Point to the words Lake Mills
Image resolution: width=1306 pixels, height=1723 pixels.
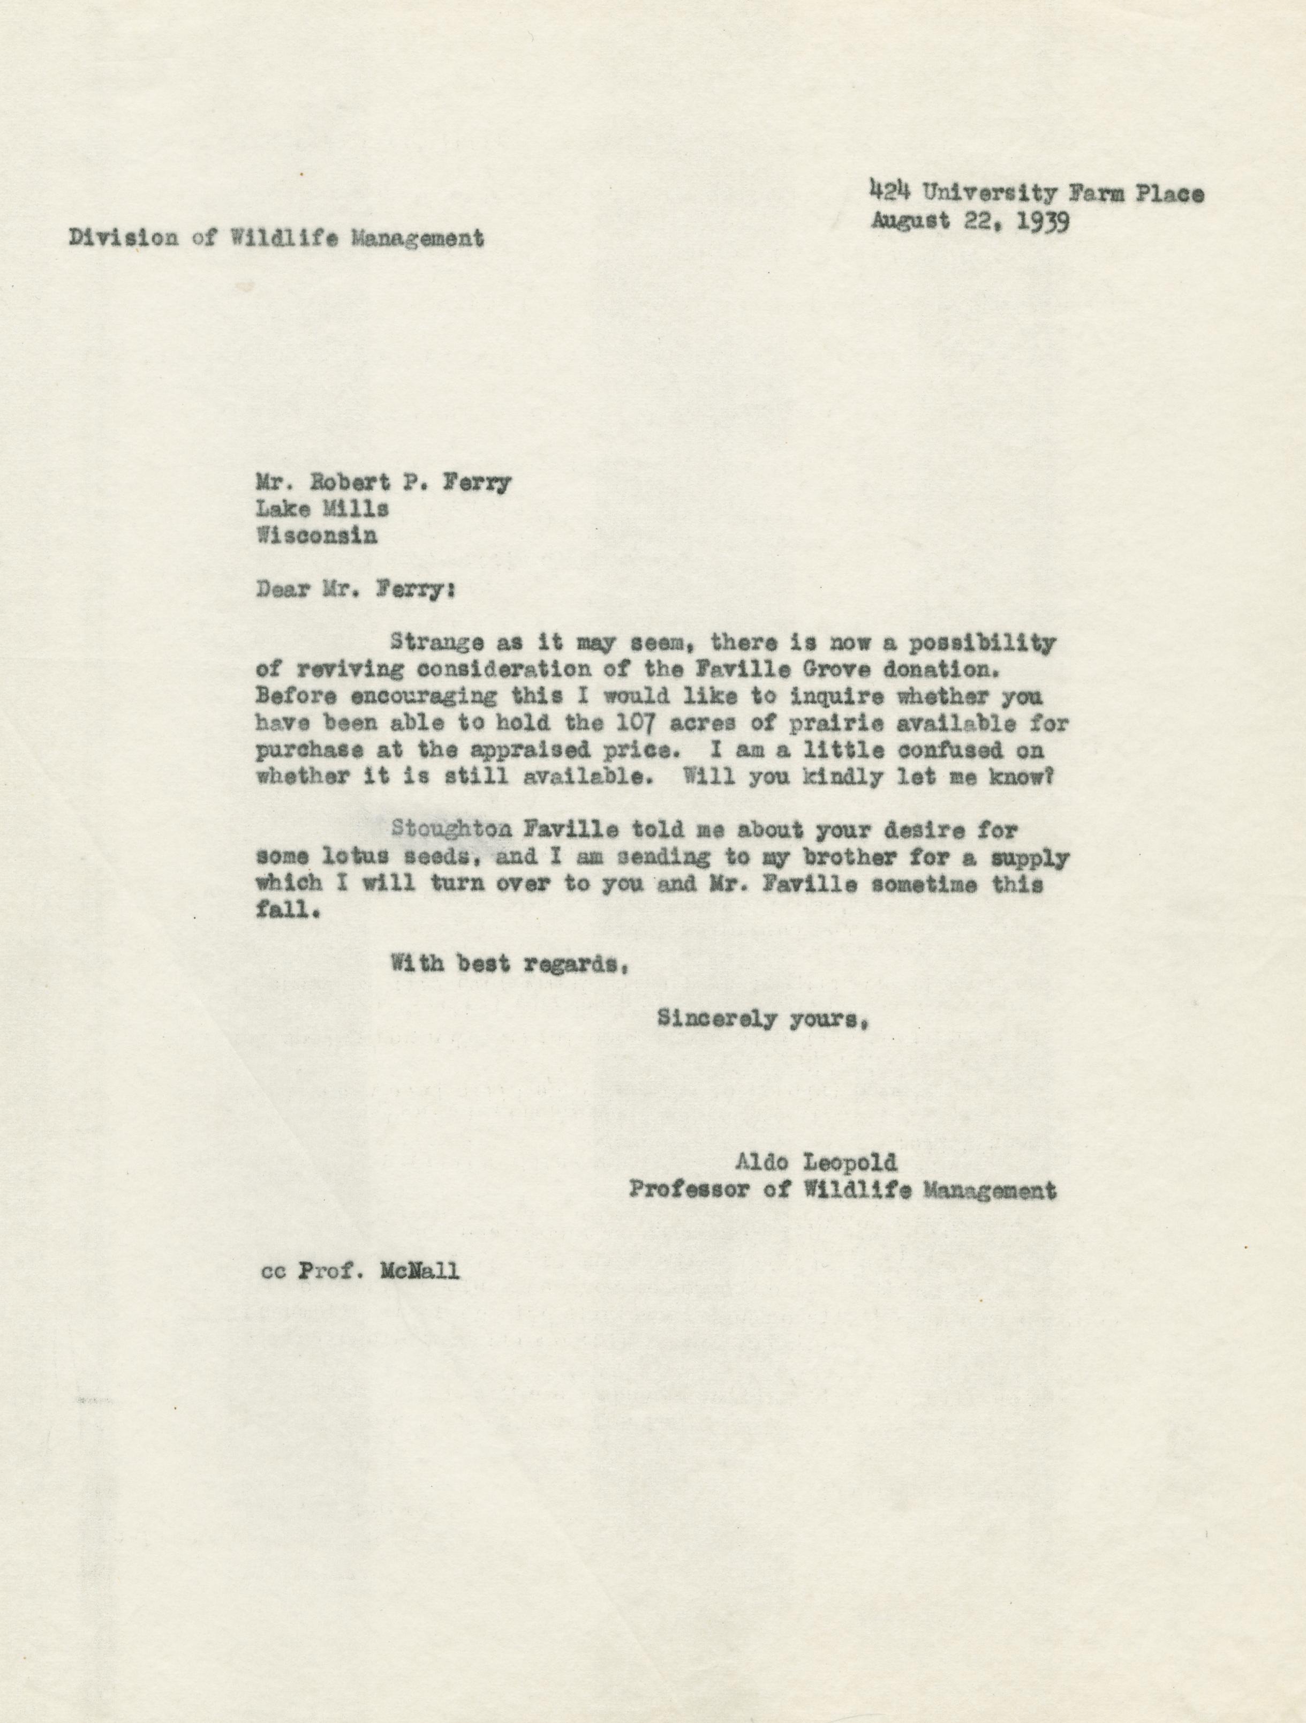(x=322, y=509)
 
